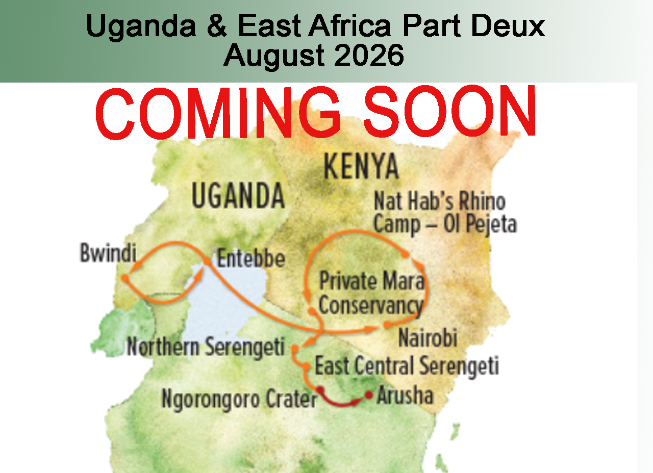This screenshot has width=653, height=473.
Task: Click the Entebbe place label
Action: point(250,259)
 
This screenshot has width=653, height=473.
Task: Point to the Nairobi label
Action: point(428,338)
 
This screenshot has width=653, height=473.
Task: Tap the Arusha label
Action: point(405,396)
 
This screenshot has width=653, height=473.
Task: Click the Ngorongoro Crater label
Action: point(239,399)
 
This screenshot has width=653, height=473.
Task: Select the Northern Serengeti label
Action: point(205,347)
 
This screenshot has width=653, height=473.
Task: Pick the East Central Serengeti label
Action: point(407,366)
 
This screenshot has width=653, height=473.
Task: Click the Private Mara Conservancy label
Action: point(371,294)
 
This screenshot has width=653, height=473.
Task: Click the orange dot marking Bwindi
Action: point(124,278)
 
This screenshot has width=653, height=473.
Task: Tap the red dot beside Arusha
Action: point(368,395)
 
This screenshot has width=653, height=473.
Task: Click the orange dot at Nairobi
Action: point(387,325)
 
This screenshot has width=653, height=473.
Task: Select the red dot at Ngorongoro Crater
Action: point(320,390)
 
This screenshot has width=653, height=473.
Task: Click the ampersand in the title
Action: point(217,27)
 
